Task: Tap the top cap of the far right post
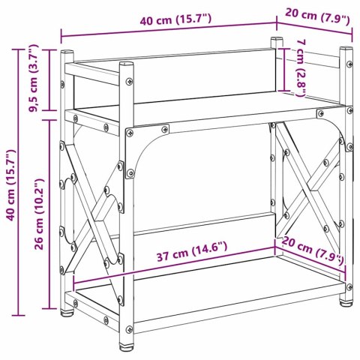(345, 51)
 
